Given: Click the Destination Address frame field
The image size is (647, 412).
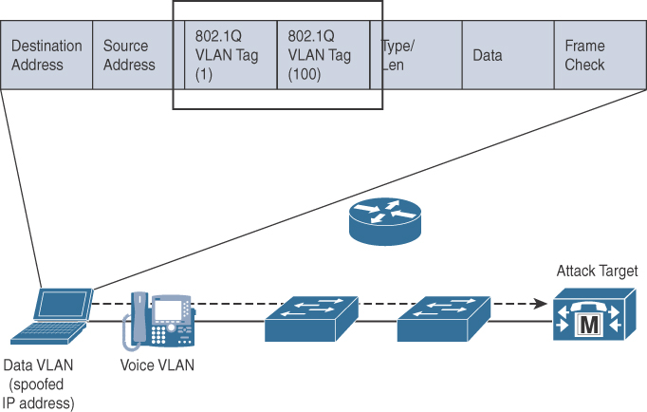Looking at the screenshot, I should point(46,56).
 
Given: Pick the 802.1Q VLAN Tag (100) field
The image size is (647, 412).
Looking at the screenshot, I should point(323,56).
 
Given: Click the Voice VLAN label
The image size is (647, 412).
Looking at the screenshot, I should point(157,365).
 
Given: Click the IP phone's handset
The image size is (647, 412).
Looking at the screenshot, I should point(137,320).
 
